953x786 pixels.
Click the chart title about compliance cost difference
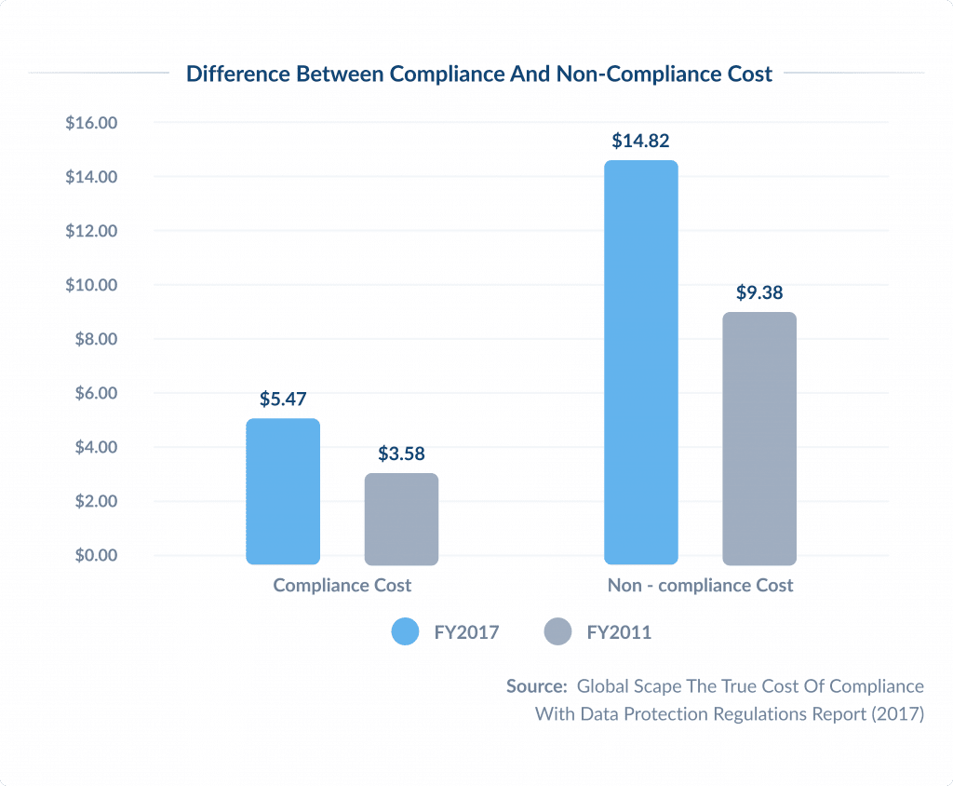click(x=479, y=75)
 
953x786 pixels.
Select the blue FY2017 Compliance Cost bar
click(x=283, y=491)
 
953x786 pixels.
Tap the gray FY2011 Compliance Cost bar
click(x=401, y=519)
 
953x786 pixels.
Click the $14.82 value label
click(x=640, y=142)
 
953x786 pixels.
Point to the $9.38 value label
click(x=759, y=293)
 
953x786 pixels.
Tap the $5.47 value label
click(x=283, y=400)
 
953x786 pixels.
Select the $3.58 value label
click(x=401, y=454)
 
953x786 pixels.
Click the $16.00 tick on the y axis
click(x=91, y=123)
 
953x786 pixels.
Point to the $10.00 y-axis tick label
click(x=91, y=285)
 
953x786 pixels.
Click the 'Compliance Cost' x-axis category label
click(x=342, y=586)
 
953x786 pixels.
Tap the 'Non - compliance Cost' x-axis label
click(x=700, y=586)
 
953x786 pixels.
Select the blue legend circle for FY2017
click(x=405, y=632)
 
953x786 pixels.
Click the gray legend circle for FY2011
click(x=557, y=632)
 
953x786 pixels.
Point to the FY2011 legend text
click(x=619, y=632)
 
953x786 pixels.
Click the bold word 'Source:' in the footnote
click(x=537, y=686)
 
